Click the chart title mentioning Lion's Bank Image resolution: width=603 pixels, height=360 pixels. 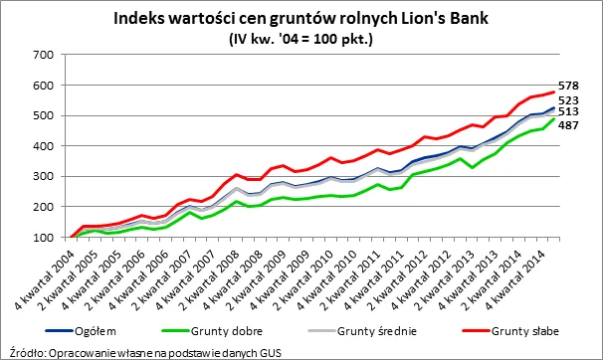(x=301, y=18)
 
